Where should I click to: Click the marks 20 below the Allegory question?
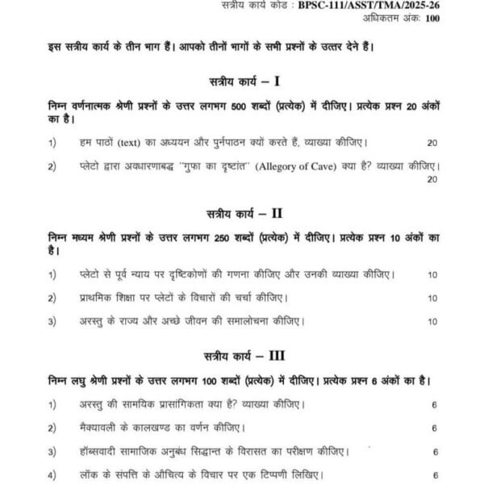pyautogui.click(x=432, y=179)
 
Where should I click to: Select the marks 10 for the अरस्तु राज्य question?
pyautogui.click(x=432, y=322)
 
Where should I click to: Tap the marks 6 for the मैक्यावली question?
pyautogui.click(x=435, y=428)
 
